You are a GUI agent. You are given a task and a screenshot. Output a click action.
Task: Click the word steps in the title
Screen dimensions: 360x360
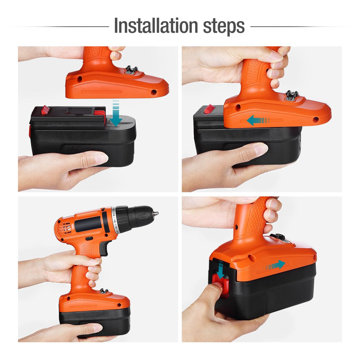click(224, 27)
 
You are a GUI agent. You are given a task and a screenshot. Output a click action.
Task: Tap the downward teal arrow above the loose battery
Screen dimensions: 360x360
click(116, 114)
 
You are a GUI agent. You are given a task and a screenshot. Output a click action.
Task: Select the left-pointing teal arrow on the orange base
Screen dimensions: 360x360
click(258, 120)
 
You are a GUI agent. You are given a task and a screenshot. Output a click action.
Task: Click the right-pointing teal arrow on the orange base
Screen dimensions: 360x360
click(274, 265)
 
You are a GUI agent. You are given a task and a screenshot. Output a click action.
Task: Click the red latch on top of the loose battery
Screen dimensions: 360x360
click(45, 109)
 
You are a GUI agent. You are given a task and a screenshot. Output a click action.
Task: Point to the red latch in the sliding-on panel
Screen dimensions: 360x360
click(209, 109)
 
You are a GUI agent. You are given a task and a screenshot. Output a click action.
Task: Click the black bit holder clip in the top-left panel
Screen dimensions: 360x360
click(132, 70)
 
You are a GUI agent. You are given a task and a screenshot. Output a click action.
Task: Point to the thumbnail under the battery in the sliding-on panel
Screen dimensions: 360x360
click(261, 149)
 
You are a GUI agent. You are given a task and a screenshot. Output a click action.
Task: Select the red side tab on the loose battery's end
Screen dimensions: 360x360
click(30, 131)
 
